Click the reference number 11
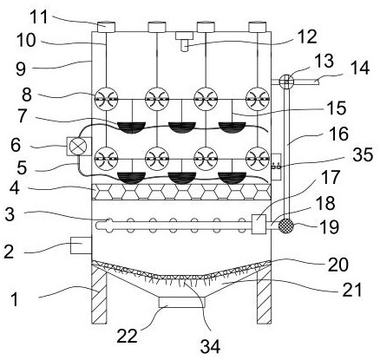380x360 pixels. coord(39,16)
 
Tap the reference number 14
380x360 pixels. coord(360,69)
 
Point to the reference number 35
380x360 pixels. coord(364,155)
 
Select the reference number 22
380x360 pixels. coord(127,336)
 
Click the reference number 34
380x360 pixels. coord(210,346)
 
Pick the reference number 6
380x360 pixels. coord(16,145)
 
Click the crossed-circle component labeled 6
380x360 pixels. coord(79,147)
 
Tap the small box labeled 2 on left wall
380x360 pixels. coord(81,245)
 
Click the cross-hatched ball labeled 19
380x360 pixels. coord(285,226)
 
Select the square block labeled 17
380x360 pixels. coord(259,224)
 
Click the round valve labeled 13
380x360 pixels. coord(286,82)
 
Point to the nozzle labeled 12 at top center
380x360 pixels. coord(184,42)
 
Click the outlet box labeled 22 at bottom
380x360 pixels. coord(182,302)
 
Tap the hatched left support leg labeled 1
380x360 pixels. coord(99,294)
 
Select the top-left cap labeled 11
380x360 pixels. coord(106,27)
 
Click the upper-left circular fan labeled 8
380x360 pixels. coord(107,99)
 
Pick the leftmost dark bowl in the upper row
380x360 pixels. coord(131,128)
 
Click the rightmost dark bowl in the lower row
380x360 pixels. coord(232,178)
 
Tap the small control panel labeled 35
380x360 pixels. coord(276,167)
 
